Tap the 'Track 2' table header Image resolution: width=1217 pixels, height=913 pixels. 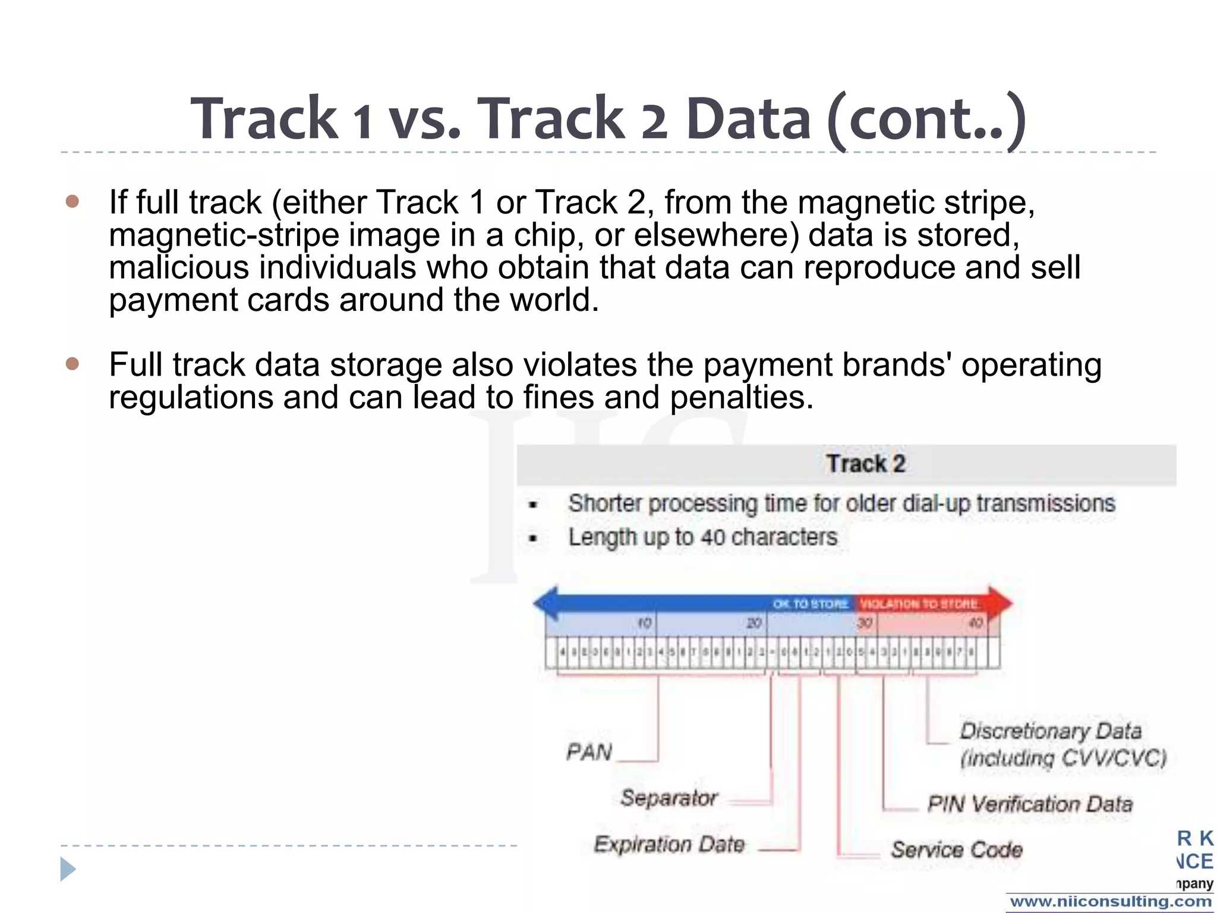[x=865, y=464]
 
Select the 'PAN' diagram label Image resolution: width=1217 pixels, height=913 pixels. [x=589, y=753]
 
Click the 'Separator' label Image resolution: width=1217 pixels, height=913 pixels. [x=669, y=798]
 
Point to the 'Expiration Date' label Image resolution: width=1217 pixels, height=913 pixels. [x=669, y=845]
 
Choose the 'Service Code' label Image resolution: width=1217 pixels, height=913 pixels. [x=957, y=850]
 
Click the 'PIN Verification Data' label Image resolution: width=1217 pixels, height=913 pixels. [x=1030, y=804]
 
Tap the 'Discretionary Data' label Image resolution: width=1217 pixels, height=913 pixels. [x=1051, y=731]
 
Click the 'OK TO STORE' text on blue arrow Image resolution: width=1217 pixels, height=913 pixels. [x=810, y=604]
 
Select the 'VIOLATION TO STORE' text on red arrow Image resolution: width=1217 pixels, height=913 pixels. [x=919, y=604]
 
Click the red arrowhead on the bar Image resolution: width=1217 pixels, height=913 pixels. [x=1001, y=603]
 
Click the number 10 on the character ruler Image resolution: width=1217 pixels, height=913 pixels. [x=645, y=623]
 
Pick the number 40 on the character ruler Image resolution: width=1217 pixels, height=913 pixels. [x=976, y=623]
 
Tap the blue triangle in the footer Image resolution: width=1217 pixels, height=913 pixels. [x=68, y=870]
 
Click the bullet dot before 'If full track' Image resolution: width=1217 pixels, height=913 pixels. [x=72, y=202]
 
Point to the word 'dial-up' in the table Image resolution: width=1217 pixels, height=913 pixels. [x=937, y=503]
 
